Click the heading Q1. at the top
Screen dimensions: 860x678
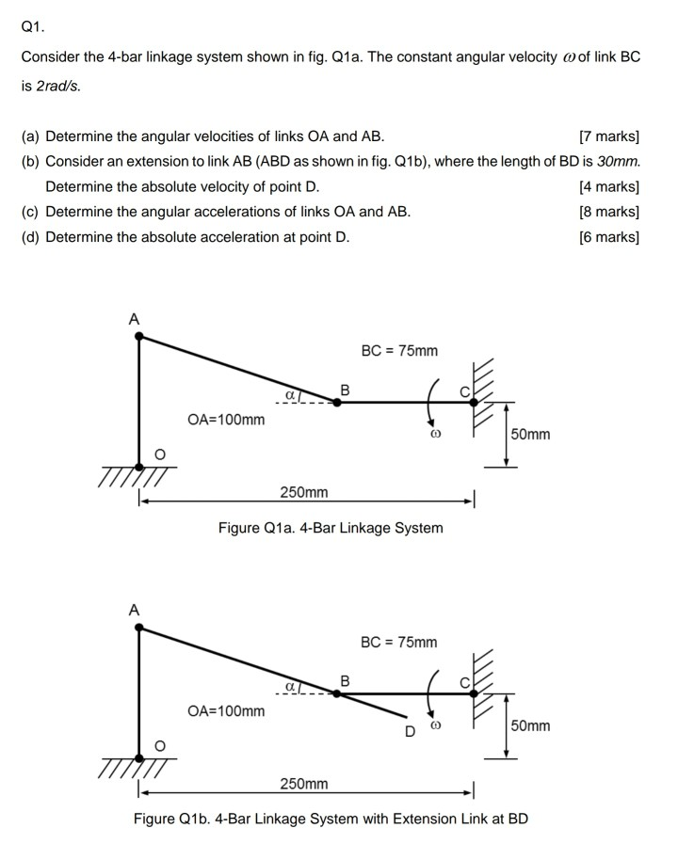pos(33,27)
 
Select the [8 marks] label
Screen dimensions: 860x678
pos(609,212)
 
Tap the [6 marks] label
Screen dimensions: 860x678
pos(609,237)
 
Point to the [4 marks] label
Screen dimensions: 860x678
pos(609,186)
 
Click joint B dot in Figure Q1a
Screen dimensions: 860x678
pos(338,402)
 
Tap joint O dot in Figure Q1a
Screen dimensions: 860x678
pos(139,465)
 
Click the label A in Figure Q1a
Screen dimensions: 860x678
pos(133,320)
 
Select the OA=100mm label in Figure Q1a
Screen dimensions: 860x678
pos(226,420)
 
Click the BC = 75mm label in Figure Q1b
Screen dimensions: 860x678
pos(399,643)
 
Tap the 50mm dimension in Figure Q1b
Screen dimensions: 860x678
pos(530,726)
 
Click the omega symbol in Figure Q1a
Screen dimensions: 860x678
pos(435,438)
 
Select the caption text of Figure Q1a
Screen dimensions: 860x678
pos(331,528)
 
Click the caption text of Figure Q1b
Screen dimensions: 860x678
pos(331,819)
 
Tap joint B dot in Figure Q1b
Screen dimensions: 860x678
pos(338,693)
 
